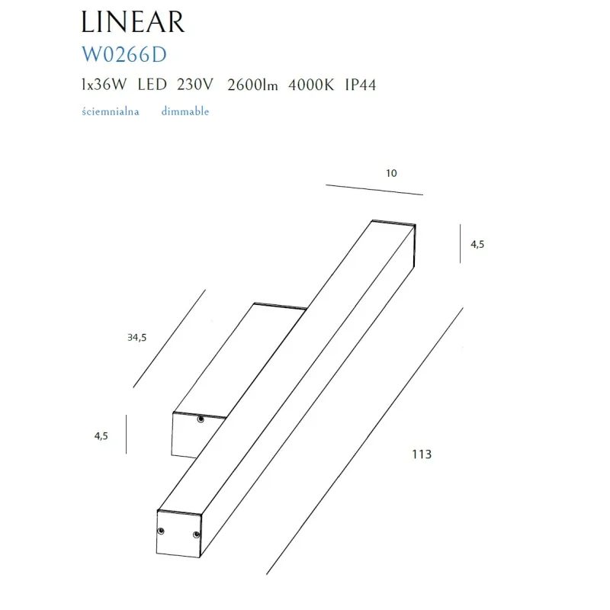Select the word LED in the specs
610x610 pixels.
pos(153,85)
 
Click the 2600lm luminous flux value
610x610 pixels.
pos(252,85)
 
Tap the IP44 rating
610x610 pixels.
pos(359,85)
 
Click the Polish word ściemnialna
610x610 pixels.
pos(110,111)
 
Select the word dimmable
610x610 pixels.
pos(185,111)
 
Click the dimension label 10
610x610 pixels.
pos(391,173)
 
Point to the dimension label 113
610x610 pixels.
pos(422,454)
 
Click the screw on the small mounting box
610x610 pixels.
pos(200,419)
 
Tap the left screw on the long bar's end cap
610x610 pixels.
pos(161,531)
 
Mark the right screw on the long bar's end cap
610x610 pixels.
pos(196,534)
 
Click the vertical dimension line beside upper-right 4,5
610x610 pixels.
pos(460,243)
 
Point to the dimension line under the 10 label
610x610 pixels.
pos(374,189)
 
